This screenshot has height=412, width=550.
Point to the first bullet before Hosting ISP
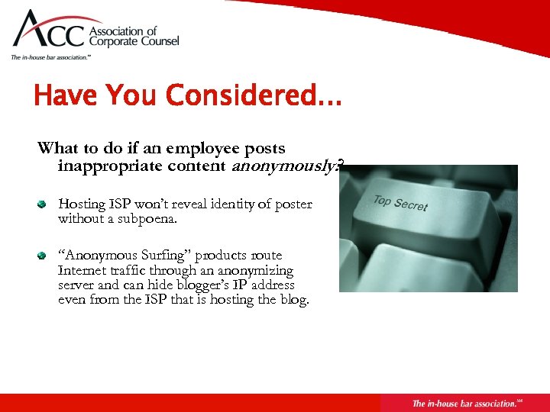44,204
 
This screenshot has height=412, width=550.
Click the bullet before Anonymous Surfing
44,256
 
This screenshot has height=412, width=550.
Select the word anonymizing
255,271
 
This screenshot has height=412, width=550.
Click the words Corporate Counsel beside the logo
134,42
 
